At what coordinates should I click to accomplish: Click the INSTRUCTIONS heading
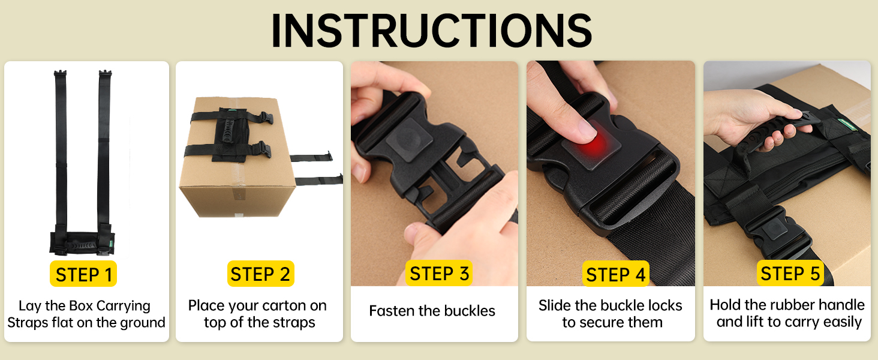pos(432,30)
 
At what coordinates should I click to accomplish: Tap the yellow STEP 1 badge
pos(83,274)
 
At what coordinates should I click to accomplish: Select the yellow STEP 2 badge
pos(260,274)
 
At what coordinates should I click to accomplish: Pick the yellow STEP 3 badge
pos(439,273)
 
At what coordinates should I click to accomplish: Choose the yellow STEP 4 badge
pos(615,274)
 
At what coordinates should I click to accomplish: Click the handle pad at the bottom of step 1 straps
pos(82,244)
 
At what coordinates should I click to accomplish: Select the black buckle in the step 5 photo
pos(778,232)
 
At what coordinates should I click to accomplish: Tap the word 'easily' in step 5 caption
pos(843,322)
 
